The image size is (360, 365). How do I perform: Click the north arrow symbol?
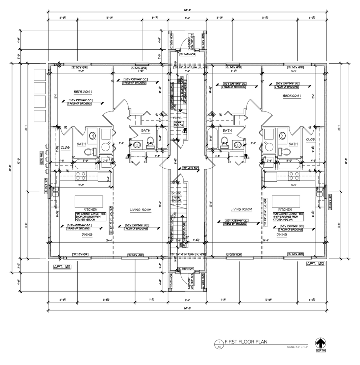[320, 344]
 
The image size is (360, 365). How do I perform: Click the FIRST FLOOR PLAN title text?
[246, 342]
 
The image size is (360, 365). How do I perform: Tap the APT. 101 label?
[62, 267]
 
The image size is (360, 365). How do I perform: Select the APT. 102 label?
[315, 263]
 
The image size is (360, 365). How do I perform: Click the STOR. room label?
[176, 193]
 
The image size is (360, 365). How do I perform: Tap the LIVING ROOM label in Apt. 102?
[241, 209]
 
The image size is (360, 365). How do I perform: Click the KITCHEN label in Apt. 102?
[285, 210]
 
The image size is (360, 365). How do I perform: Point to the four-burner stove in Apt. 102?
[294, 176]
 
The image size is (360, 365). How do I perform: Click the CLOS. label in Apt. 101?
[66, 147]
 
